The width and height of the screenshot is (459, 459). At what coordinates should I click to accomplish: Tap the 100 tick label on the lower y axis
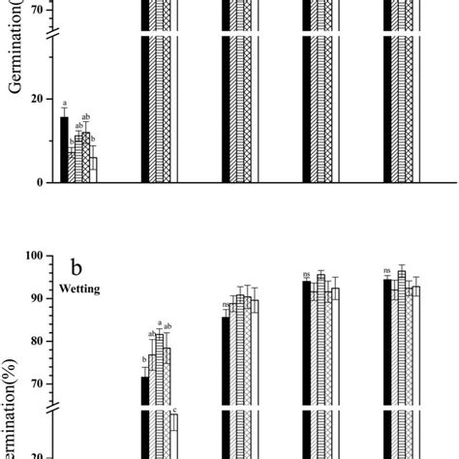pos(36,256)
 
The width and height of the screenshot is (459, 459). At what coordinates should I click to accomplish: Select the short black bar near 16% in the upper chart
pos(64,149)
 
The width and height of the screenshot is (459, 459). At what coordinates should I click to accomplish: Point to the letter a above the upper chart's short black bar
pos(64,105)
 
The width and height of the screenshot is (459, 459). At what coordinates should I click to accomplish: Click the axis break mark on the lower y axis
pos(54,408)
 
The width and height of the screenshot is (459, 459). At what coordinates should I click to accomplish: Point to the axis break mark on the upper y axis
pos(54,38)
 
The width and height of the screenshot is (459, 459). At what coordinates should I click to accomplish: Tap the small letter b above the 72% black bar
pos(145,366)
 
